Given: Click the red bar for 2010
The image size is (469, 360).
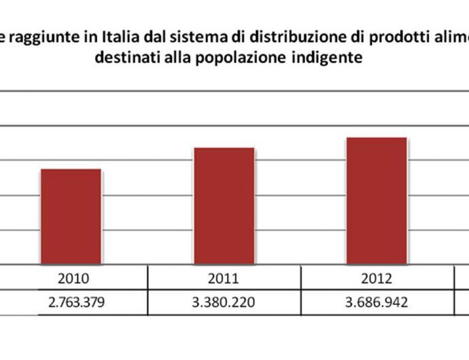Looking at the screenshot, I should click(71, 216).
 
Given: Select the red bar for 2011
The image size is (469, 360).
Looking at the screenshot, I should click(224, 206).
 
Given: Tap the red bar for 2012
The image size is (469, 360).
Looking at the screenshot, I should click(377, 200).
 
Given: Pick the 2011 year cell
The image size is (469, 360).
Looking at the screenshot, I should click(224, 277).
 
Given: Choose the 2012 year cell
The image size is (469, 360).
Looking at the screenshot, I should click(377, 277).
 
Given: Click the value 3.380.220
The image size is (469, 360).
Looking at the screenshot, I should click(224, 302).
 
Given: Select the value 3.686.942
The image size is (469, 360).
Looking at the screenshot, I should click(377, 302).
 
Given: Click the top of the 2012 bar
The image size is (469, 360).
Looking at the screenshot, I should click(377, 139).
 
